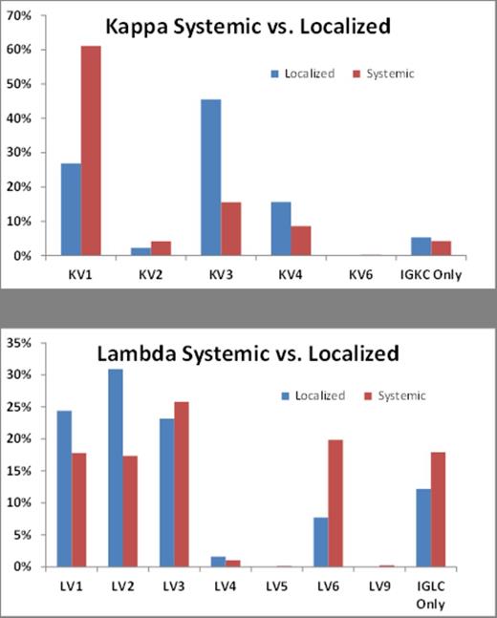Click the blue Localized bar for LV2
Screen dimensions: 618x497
tap(115, 468)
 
